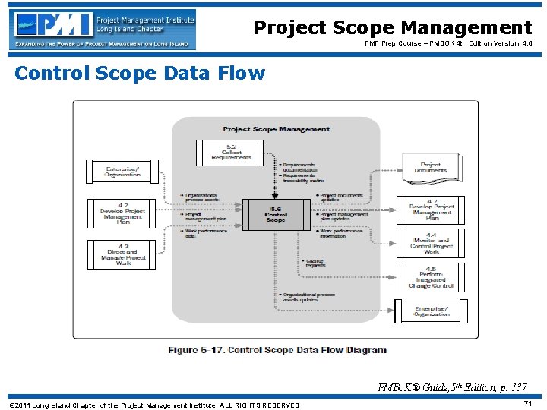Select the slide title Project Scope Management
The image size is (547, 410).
[392, 28]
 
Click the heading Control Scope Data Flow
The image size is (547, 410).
[140, 73]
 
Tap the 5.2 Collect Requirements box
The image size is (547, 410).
[231, 152]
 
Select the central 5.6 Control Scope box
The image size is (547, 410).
[276, 215]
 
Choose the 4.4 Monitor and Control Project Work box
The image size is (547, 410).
[431, 244]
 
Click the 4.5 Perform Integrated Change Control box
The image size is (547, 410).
[431, 278]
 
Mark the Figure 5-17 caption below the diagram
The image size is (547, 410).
[277, 350]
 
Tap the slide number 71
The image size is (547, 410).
[528, 404]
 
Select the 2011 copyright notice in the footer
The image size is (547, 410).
[154, 405]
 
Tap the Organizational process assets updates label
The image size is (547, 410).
[311, 297]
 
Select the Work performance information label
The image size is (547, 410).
[344, 233]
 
